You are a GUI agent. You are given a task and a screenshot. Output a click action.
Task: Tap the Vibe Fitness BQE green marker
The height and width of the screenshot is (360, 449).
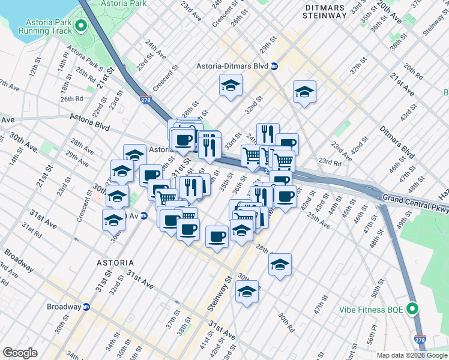[x=412, y=310]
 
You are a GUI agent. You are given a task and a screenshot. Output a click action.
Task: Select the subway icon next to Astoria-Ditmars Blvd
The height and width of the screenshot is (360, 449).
[x=274, y=66]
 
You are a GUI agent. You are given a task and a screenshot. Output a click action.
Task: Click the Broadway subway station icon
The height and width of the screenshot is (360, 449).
[x=86, y=307]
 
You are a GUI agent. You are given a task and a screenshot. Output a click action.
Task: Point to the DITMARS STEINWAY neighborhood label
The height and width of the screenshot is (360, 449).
[x=326, y=10]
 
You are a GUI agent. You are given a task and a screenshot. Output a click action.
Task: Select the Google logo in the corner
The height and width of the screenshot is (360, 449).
[x=20, y=353]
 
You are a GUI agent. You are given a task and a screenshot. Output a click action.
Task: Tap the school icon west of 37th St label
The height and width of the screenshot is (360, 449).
[x=305, y=92]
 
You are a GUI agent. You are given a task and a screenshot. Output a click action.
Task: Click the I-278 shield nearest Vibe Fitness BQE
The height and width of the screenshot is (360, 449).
[x=420, y=341]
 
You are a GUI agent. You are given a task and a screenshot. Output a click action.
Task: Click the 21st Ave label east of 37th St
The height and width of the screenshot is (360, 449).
[x=402, y=85]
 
